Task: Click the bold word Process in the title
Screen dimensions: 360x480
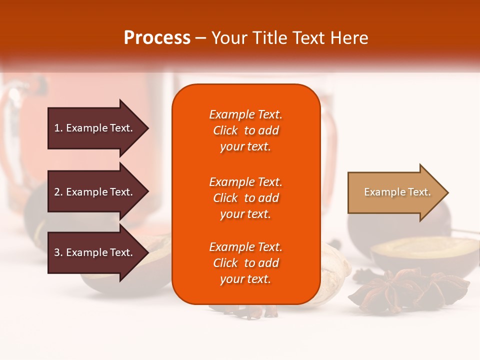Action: coord(157,38)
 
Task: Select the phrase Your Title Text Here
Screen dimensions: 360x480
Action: coord(289,38)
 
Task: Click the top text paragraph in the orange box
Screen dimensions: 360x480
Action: coord(245,130)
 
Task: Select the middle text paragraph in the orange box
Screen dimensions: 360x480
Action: coord(245,198)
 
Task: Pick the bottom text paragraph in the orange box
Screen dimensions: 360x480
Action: coord(245,263)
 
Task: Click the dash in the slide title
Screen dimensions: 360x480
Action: coord(200,38)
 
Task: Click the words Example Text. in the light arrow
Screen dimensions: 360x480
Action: coord(397,192)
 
